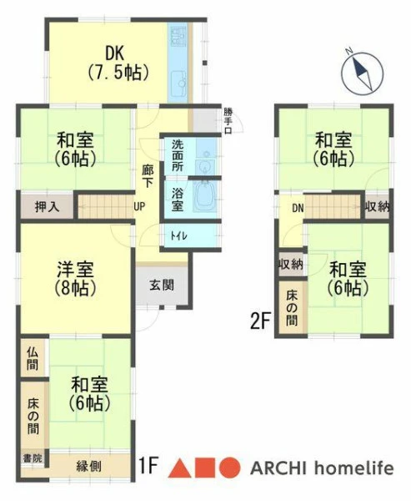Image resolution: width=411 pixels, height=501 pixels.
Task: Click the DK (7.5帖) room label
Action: coord(118,63)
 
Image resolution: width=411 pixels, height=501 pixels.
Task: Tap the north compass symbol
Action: coord(362,73)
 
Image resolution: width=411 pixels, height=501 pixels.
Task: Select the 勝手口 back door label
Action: coord(228,121)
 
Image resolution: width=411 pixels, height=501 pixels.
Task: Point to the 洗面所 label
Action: coord(178,155)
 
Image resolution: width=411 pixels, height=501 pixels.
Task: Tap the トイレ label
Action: coord(178,236)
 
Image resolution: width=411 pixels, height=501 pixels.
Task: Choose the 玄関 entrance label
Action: coord(162,285)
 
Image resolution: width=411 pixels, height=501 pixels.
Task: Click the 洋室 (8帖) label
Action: coord(75,279)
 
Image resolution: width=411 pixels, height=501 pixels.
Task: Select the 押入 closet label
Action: coord(48,207)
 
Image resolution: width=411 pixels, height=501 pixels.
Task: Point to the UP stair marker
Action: coord(139,207)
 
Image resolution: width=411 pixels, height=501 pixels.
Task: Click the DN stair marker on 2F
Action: coord(298,208)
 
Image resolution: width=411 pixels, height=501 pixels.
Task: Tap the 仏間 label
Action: coord(33,358)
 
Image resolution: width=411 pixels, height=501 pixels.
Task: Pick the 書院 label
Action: coord(33,458)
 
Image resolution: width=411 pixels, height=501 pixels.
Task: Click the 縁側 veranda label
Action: coord(88,466)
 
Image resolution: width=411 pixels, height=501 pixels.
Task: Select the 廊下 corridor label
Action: coord(148,176)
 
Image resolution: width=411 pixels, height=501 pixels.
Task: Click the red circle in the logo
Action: coord(229,468)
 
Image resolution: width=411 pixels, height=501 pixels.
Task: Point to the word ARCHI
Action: coord(278,468)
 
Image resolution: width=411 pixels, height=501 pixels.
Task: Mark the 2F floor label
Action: coord(260,321)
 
